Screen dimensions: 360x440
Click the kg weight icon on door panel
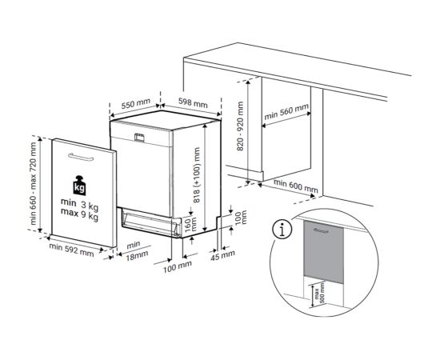79,186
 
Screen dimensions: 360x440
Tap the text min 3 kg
78,205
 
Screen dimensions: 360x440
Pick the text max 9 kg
78,216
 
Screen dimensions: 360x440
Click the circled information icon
281,230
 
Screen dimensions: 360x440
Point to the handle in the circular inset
321,230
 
